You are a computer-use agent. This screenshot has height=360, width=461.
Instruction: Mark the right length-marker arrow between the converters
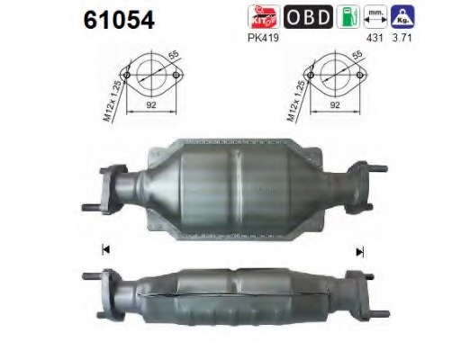361,252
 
